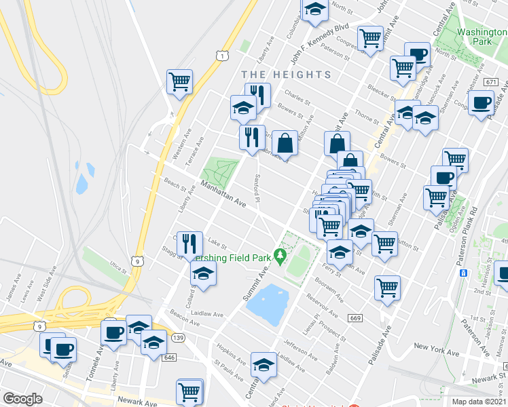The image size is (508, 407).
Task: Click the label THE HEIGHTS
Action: click(x=287, y=75)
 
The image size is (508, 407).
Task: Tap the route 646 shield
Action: click(x=169, y=357)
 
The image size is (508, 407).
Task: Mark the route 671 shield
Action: click(x=492, y=82)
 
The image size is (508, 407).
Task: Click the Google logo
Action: click(x=22, y=399)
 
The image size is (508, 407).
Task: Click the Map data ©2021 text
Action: click(x=478, y=401)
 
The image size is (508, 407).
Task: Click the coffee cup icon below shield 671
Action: click(x=482, y=104)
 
